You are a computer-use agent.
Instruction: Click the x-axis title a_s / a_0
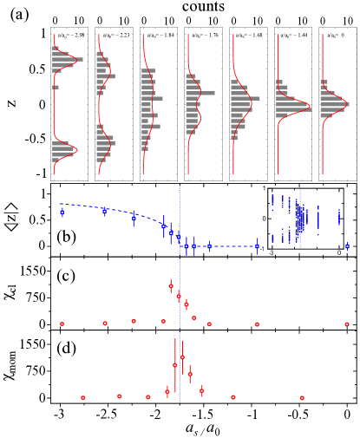pyautogui.click(x=203, y=428)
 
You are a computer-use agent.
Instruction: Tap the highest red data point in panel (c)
pyautogui.click(x=171, y=285)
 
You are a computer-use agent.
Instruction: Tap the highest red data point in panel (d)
pyautogui.click(x=182, y=356)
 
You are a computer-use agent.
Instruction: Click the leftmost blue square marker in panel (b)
pyautogui.click(x=62, y=212)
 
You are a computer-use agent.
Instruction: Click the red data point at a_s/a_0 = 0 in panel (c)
pyautogui.click(x=347, y=324)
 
